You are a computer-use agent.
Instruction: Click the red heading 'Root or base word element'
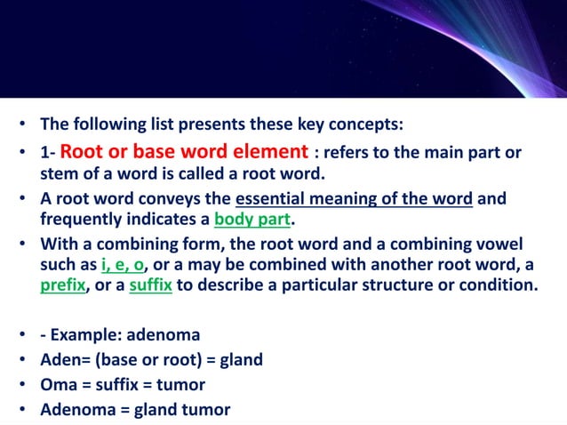click(x=184, y=151)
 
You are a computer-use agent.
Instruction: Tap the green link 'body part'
click(x=252, y=219)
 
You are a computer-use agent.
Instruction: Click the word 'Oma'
click(x=57, y=385)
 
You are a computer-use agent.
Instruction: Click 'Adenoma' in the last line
click(x=76, y=409)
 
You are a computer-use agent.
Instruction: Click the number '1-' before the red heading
click(x=48, y=153)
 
